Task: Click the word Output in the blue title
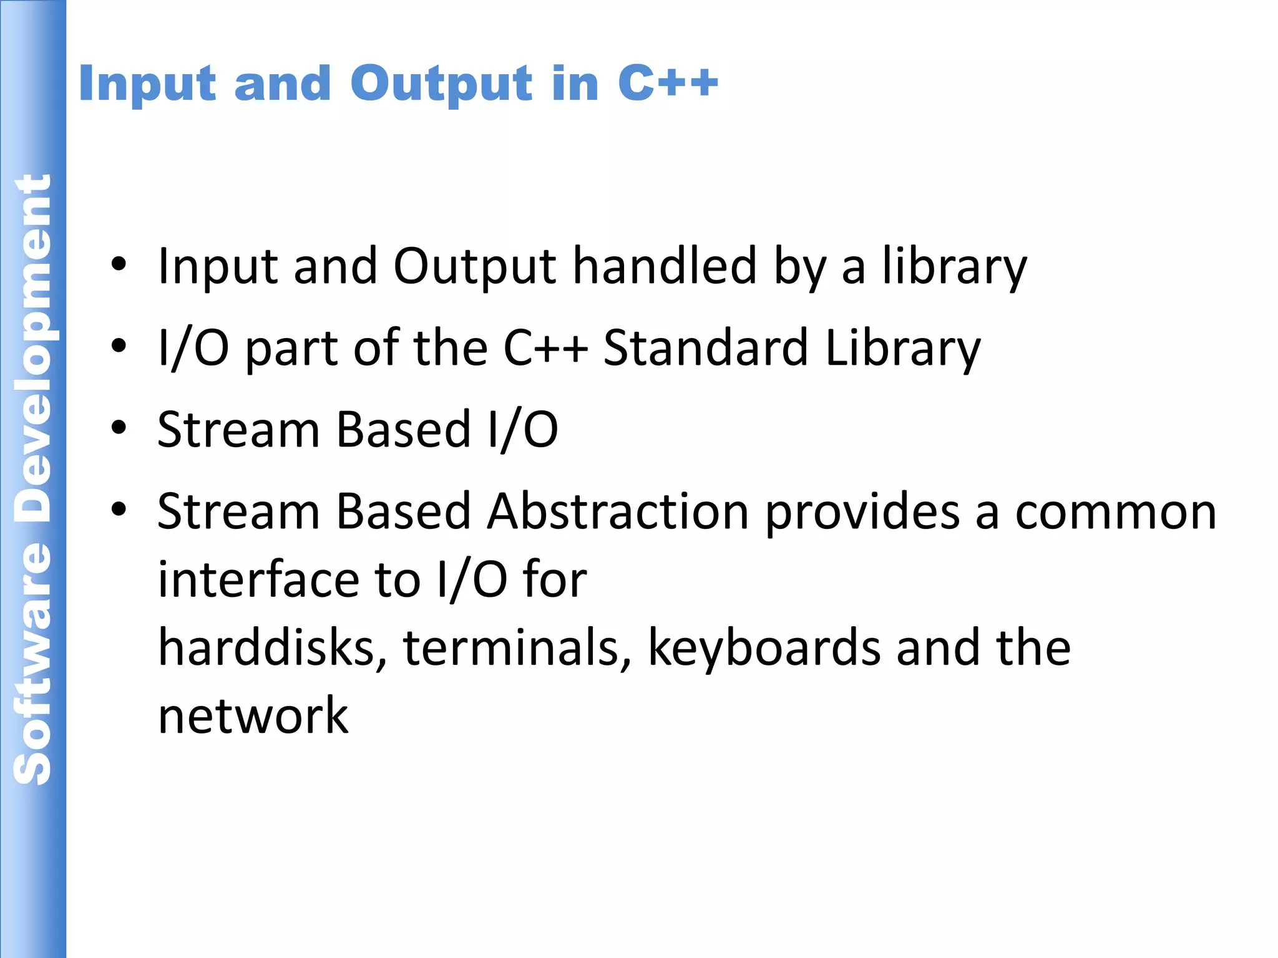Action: click(x=441, y=84)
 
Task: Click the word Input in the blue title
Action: click(x=147, y=84)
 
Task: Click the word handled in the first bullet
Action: click(x=665, y=266)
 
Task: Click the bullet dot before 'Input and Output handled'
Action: click(x=119, y=265)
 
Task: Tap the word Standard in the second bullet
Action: click(x=706, y=347)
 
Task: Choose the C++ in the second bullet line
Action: click(x=545, y=347)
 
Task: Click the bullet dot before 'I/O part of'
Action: click(x=119, y=346)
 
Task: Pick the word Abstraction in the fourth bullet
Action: click(x=618, y=511)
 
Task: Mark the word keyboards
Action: click(x=764, y=649)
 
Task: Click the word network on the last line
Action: click(x=253, y=715)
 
